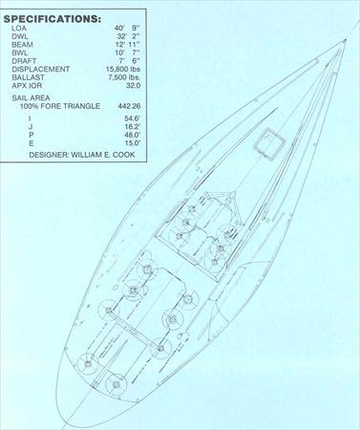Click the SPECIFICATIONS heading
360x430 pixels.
pos(53,19)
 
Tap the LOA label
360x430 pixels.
pos(19,28)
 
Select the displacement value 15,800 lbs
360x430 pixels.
pos(123,69)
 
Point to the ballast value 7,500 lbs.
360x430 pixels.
pos(124,77)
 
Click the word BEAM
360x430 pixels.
pos(22,45)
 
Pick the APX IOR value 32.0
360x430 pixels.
pos(133,86)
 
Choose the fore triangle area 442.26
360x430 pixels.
pos(129,106)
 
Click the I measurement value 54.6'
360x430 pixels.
pos(133,118)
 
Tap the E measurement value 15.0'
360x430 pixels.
pos(133,143)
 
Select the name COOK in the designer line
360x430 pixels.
pos(125,155)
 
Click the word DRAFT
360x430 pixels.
pos(24,61)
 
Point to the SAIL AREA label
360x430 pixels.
pos(31,97)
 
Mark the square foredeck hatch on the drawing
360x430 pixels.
pos(269,144)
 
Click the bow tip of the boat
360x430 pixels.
pos(346,40)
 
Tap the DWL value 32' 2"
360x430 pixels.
pos(129,36)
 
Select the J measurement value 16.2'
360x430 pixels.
pos(133,127)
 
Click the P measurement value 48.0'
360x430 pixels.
pos(133,135)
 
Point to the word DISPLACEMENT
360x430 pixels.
pos(41,69)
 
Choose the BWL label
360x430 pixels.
pos(20,53)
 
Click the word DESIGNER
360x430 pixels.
pos(49,155)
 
